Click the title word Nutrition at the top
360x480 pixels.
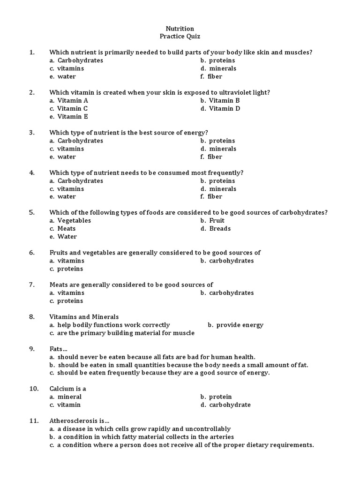point(180,29)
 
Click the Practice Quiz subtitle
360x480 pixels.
point(180,37)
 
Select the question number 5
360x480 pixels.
point(32,212)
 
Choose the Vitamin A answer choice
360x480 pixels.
point(73,100)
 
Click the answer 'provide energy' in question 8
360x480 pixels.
point(240,325)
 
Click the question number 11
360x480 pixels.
point(33,421)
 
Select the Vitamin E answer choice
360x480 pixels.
point(73,116)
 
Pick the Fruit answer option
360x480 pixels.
point(217,221)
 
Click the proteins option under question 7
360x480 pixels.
point(70,301)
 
